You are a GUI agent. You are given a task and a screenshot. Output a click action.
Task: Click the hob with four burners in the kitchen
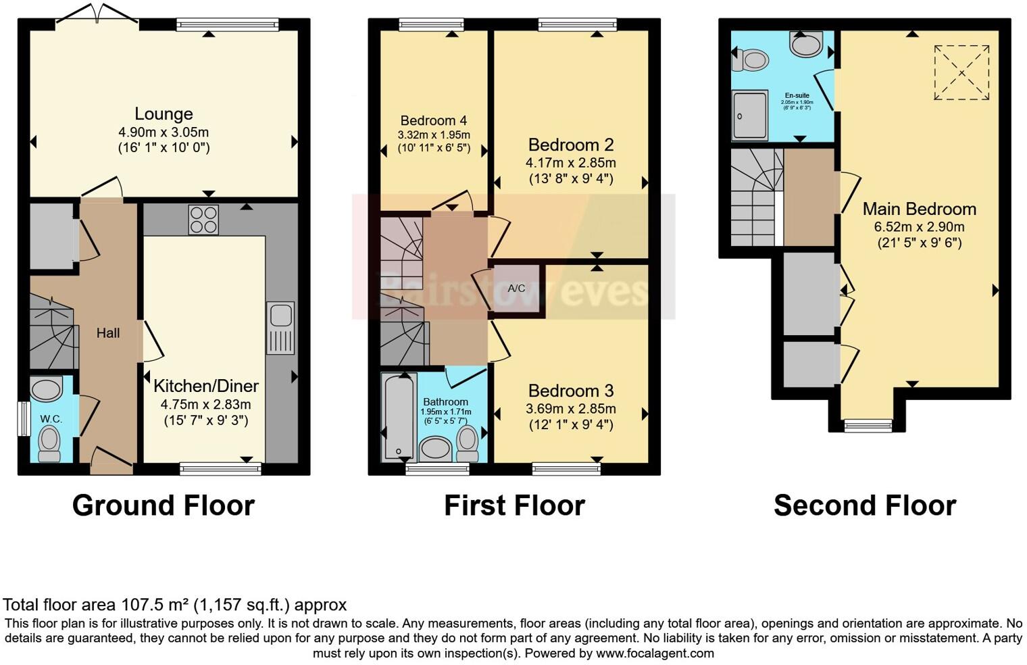[203, 220]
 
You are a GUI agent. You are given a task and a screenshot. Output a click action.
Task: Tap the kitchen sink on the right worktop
[280, 327]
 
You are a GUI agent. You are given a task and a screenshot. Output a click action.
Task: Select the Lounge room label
[164, 114]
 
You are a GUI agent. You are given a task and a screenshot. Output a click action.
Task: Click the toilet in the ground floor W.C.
[49, 443]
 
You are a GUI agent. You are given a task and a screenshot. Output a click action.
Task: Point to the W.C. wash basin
[47, 390]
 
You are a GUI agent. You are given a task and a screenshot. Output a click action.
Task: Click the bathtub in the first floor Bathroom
[397, 418]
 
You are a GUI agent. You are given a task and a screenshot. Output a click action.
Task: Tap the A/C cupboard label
[516, 289]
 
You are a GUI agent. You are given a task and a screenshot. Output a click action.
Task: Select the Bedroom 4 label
[433, 121]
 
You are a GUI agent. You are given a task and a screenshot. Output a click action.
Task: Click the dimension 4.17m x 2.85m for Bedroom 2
[570, 163]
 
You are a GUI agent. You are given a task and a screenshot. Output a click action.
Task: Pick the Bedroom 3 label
[570, 391]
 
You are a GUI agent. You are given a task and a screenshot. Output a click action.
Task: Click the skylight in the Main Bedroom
[961, 72]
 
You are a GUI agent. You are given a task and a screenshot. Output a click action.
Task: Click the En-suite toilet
[751, 60]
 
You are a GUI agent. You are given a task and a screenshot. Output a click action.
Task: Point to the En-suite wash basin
[806, 45]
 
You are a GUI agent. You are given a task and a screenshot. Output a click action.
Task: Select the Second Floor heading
[864, 506]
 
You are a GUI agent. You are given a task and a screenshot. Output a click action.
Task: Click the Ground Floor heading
[163, 506]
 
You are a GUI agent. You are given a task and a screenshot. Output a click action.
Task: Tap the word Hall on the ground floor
[108, 332]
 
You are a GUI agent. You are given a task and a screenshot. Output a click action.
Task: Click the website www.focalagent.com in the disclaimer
[655, 654]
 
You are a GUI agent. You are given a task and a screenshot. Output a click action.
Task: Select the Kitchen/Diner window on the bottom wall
[220, 468]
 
